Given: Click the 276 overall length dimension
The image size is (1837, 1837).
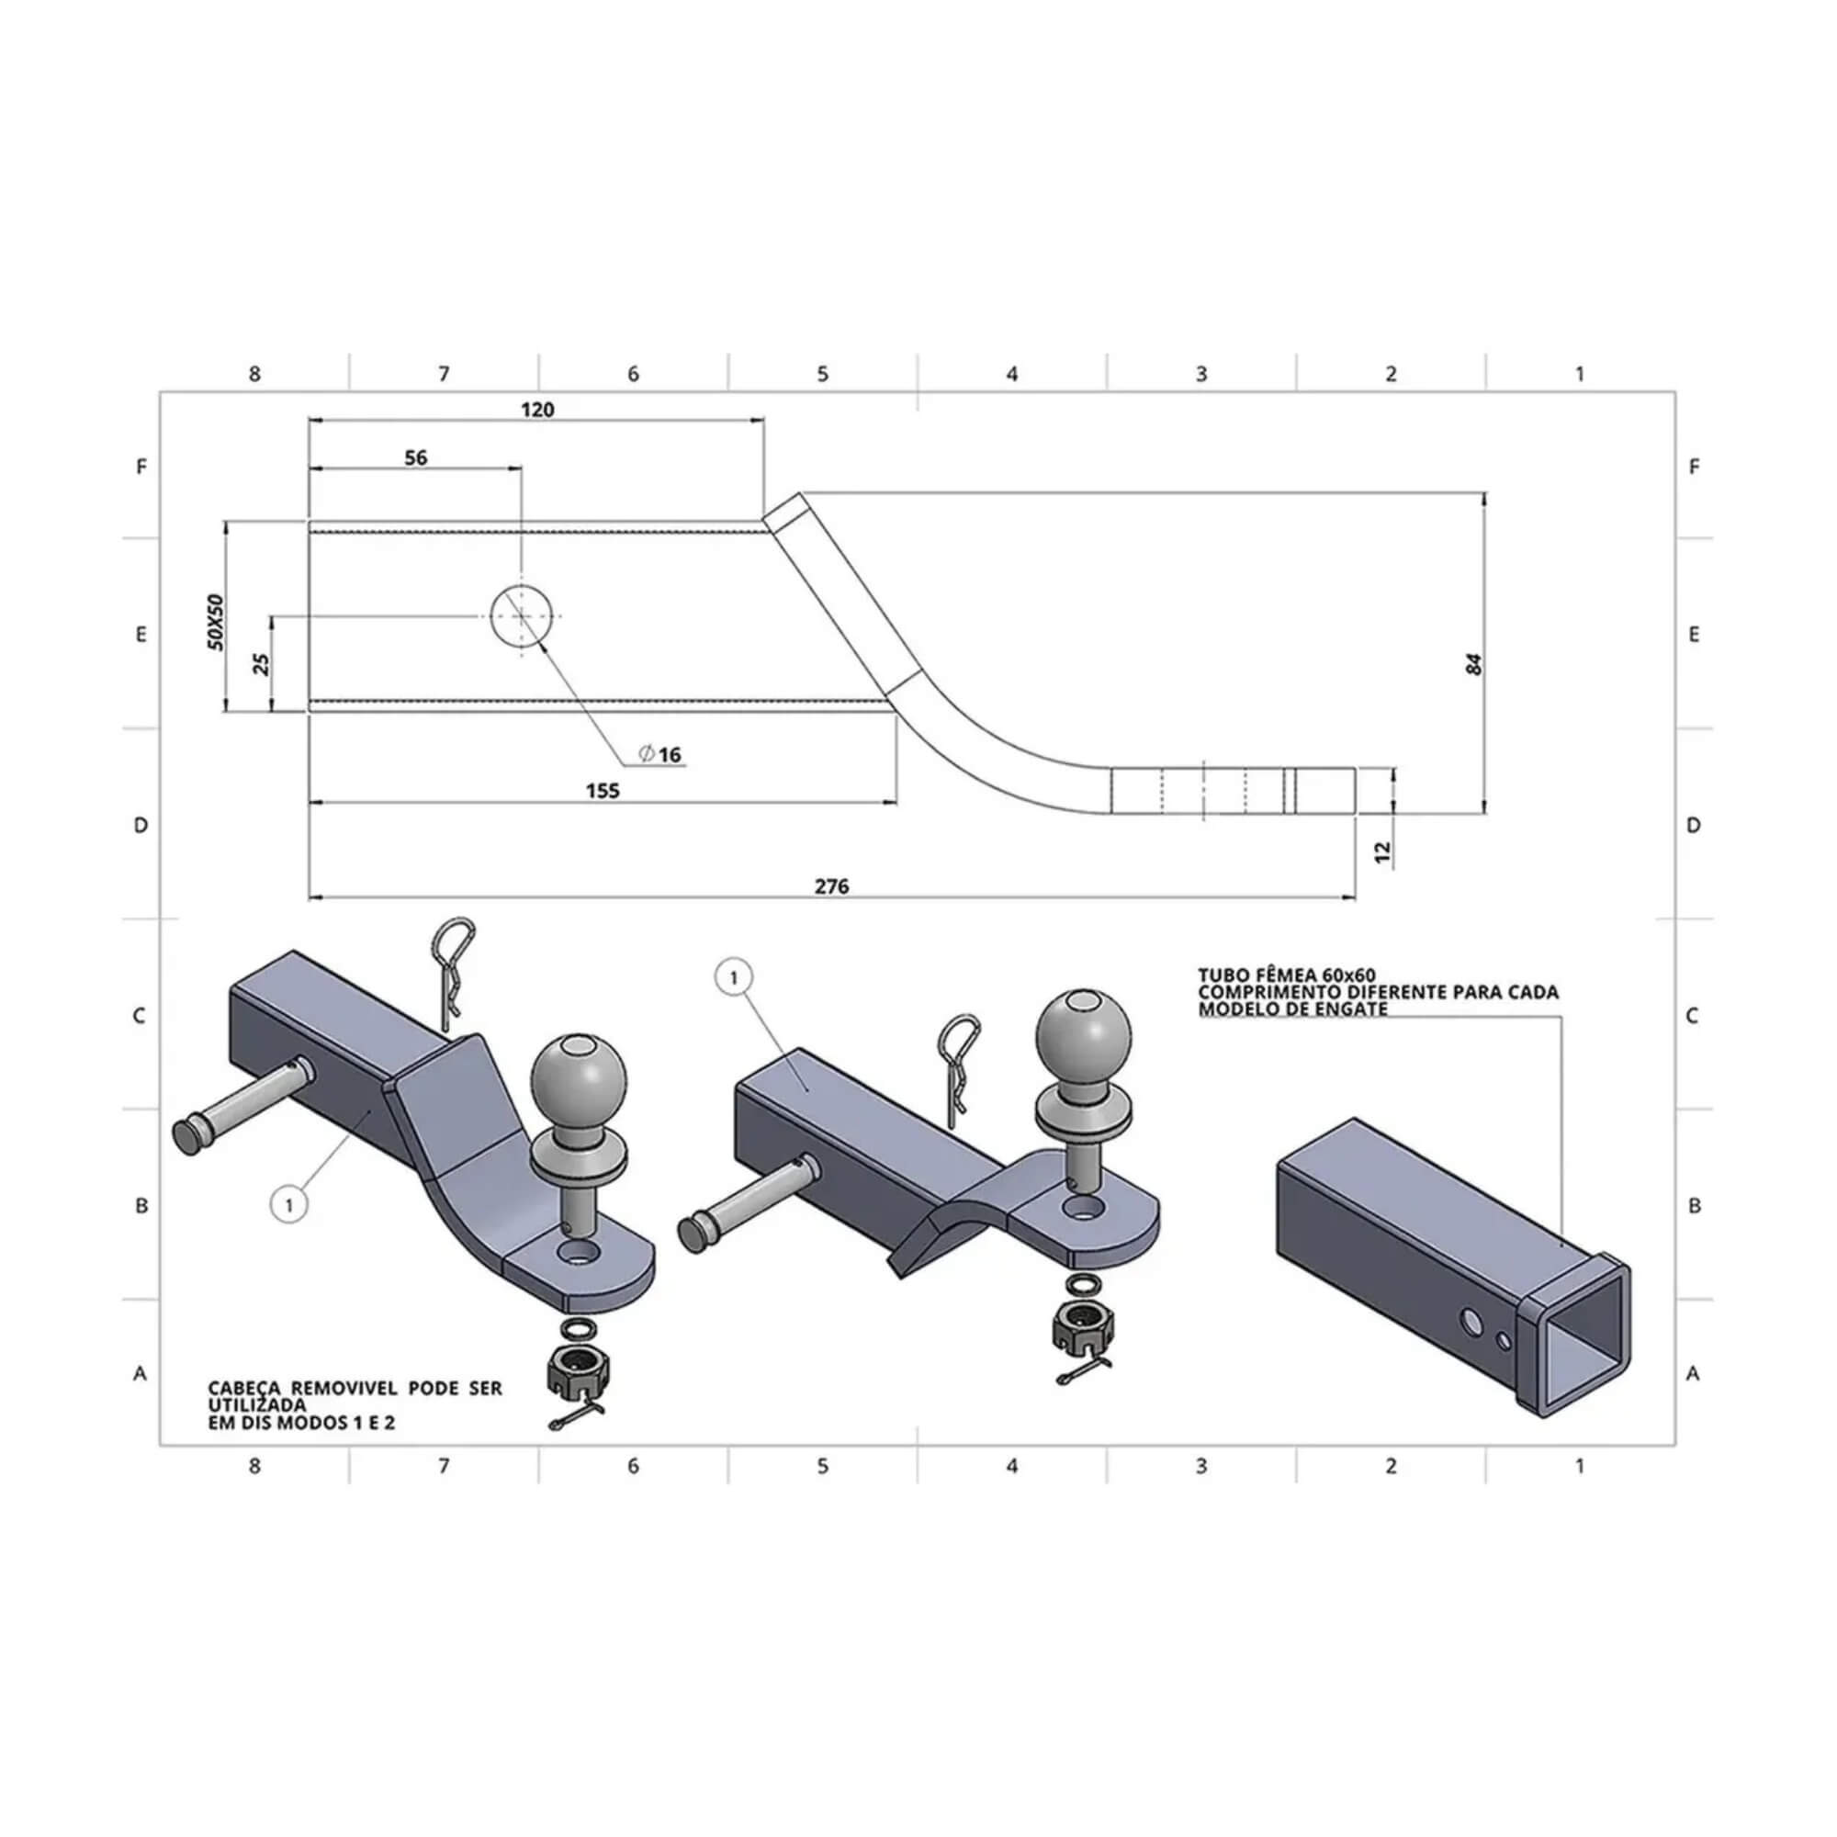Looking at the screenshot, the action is (x=832, y=886).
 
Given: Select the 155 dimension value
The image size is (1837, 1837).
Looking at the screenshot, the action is (x=603, y=791).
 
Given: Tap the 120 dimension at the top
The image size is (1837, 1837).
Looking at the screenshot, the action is (x=537, y=410).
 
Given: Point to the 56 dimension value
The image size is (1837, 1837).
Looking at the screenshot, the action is (x=415, y=457).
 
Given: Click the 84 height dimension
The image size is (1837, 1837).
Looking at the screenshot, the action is (x=1475, y=664).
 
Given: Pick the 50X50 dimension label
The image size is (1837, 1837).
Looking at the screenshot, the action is (x=217, y=622).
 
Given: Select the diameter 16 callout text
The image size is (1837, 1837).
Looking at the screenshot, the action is (x=660, y=755).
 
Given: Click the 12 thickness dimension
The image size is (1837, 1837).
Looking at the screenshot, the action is (x=1384, y=853).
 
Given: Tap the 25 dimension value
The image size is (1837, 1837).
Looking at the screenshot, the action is (x=264, y=664).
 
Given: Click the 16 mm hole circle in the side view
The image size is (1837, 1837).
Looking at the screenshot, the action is (x=522, y=616).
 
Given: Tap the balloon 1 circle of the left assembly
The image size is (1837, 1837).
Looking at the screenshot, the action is (x=289, y=1206).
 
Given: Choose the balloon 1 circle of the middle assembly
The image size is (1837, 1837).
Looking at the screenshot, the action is (x=733, y=976).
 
